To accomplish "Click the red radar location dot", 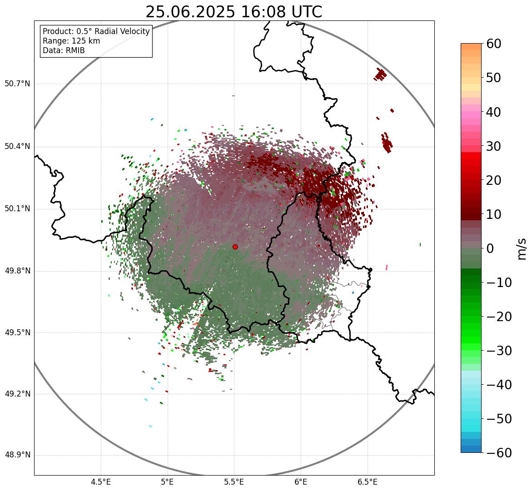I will tap(235, 247).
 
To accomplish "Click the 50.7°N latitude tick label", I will tap(17, 84).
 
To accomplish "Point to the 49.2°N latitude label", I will tap(17, 394).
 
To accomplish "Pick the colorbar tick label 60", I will tap(494, 44).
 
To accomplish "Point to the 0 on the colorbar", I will tap(490, 248).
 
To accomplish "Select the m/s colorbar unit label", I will tap(522, 248).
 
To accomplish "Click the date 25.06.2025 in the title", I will tap(190, 12).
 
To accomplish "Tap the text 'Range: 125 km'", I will tap(71, 41).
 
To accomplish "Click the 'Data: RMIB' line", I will tap(64, 50).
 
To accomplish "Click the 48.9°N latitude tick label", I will tap(17, 455).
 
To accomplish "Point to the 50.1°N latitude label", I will tap(17, 209).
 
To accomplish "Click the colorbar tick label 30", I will tap(494, 146).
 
